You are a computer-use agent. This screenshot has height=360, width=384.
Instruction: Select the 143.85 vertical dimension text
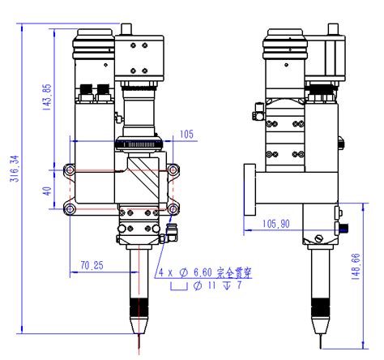(x=46, y=96)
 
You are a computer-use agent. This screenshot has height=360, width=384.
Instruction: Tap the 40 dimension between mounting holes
(x=47, y=192)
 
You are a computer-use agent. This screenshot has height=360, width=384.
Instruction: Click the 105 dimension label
(x=186, y=134)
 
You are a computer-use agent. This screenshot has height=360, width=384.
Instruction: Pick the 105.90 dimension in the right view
(x=276, y=223)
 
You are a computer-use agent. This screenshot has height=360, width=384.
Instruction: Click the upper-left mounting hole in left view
(x=70, y=171)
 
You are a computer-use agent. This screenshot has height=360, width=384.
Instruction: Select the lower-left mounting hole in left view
(x=70, y=211)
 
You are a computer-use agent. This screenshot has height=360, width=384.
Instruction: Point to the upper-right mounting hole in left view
(x=172, y=171)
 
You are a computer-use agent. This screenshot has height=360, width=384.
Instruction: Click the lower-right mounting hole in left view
(x=172, y=211)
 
